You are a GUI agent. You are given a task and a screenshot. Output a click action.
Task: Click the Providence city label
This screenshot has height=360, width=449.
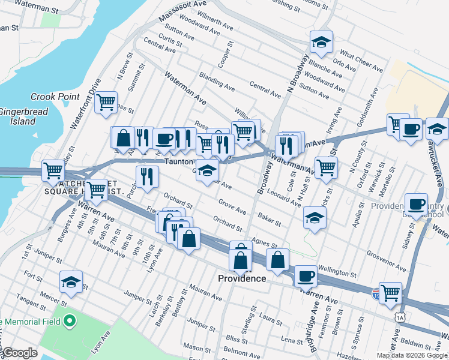click(241, 278)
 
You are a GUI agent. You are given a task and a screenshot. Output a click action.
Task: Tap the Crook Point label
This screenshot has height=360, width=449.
click(52, 97)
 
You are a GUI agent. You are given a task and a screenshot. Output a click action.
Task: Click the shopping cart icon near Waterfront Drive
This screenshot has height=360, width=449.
click(106, 102)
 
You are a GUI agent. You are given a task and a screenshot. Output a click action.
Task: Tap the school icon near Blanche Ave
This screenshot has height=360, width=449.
click(321, 41)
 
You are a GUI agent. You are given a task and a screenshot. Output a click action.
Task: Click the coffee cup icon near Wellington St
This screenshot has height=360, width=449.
click(306, 275)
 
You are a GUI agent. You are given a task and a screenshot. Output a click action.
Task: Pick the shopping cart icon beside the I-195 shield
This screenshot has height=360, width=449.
click(390, 292)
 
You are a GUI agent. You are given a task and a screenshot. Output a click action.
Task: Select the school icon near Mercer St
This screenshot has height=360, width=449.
click(71, 282)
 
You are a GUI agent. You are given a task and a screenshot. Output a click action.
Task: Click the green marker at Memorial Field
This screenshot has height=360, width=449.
click(69, 321)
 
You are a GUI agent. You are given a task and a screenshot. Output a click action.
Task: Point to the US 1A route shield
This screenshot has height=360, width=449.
click(399, 317)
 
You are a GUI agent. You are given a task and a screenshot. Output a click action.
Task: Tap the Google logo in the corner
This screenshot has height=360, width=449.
click(20, 353)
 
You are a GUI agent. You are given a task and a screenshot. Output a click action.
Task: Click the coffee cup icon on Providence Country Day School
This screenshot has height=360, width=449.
click(415, 204)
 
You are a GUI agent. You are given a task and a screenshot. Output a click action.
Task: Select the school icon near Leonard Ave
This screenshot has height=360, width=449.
click(313, 218)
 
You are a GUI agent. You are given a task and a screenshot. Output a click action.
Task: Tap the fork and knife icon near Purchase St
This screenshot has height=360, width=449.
click(146, 176)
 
